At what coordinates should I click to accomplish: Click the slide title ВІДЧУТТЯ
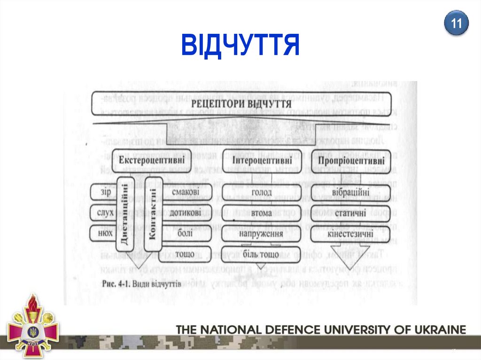(240, 45)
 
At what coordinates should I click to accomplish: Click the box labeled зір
(102, 192)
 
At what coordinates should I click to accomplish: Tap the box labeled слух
(102, 213)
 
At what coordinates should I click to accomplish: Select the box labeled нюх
(102, 233)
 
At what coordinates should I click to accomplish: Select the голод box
(261, 192)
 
